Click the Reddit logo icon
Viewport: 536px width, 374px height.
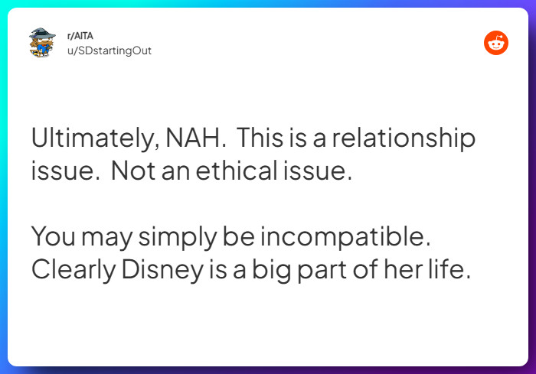[x=496, y=44]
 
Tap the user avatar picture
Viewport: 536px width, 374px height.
[x=41, y=44]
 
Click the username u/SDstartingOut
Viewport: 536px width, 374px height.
[x=109, y=50]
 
